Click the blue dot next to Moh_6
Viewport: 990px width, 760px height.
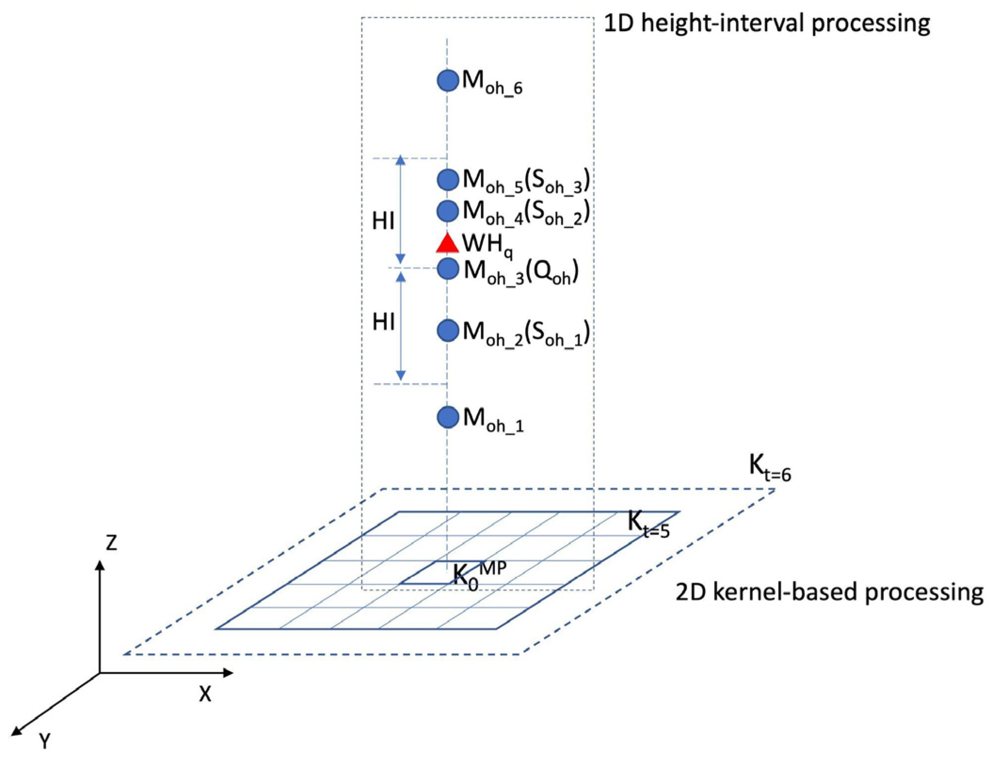click(447, 80)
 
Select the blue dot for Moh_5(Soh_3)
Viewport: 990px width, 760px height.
click(447, 179)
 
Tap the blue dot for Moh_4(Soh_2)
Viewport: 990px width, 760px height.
click(447, 210)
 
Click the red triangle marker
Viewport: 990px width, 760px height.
click(447, 244)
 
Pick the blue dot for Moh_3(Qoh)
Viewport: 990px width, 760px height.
click(447, 269)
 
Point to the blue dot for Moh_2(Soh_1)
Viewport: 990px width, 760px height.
click(447, 330)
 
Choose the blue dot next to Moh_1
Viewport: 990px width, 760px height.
click(447, 417)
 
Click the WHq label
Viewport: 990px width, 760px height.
click(487, 246)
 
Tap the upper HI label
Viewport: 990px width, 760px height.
click(383, 221)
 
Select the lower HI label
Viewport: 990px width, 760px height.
click(383, 323)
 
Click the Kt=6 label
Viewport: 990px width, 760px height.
click(770, 469)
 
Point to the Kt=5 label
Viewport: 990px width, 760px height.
click(648, 525)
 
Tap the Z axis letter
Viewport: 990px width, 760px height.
click(111, 543)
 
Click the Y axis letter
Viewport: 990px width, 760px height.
click(45, 743)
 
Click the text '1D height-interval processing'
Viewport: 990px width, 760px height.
click(766, 24)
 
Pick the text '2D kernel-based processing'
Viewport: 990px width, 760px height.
click(829, 592)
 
